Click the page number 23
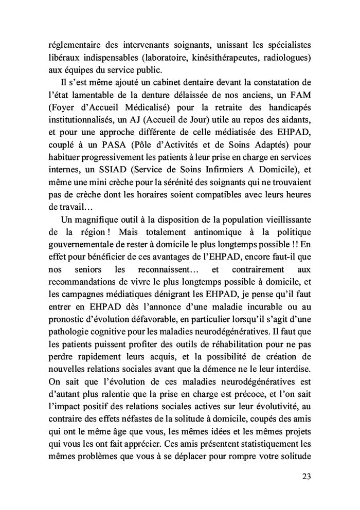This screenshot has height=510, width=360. click(x=304, y=476)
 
